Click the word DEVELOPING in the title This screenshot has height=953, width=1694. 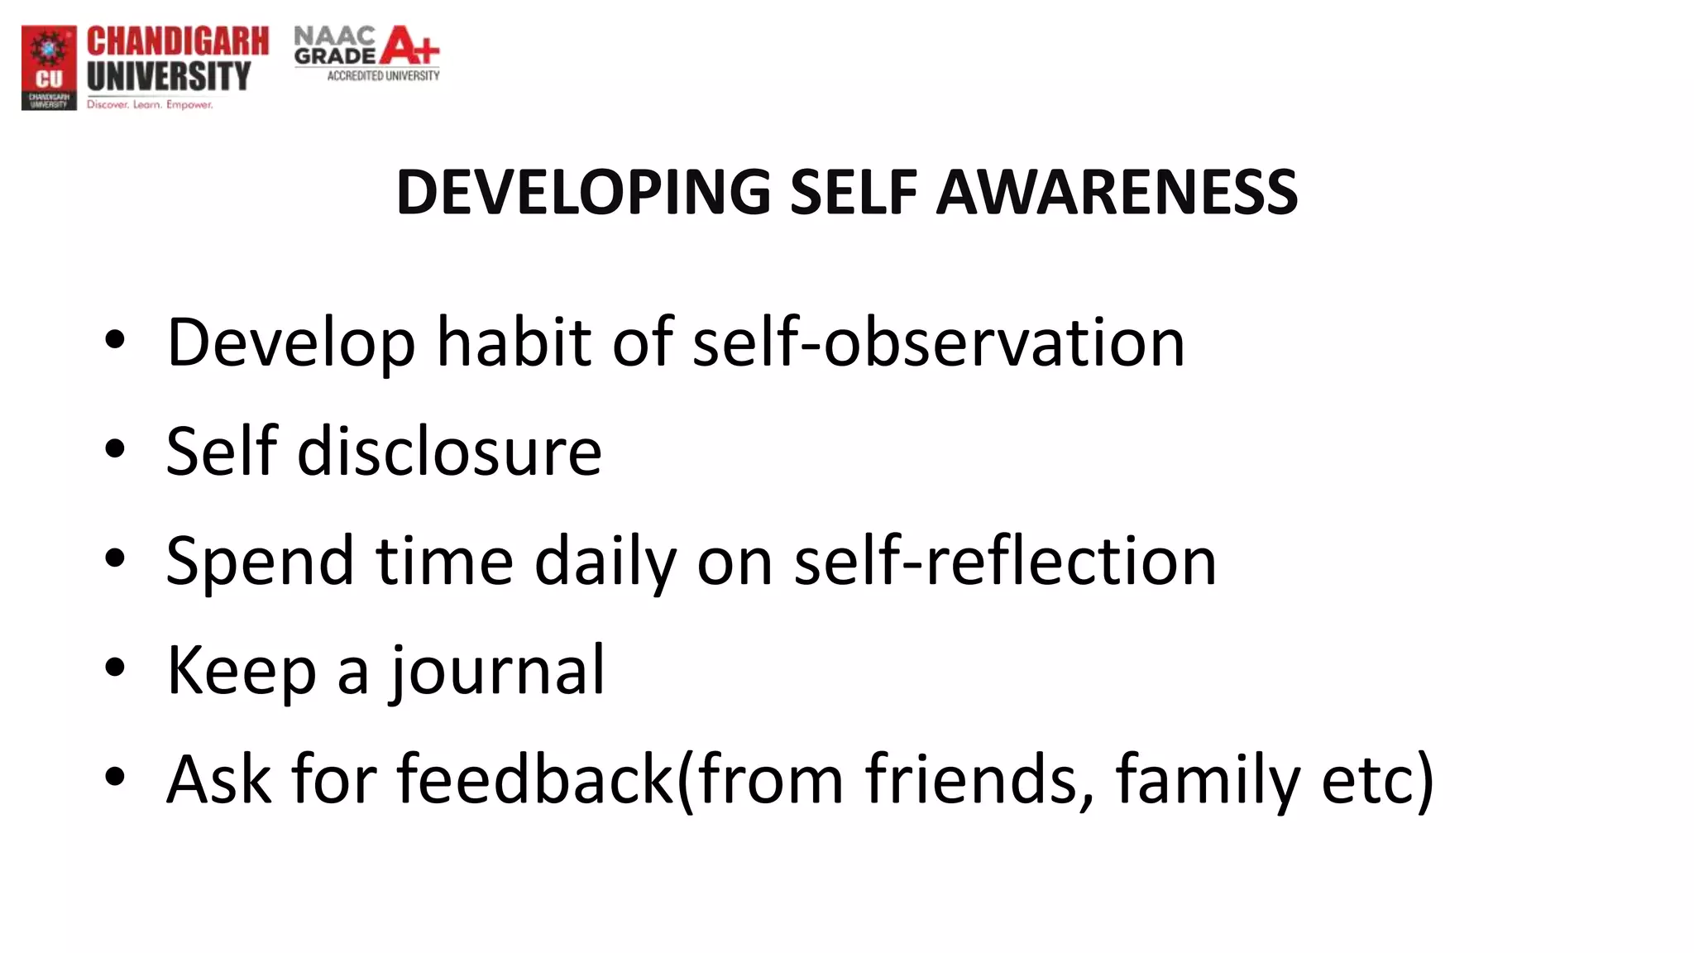(583, 192)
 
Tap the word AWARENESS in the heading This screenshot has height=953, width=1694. (1117, 192)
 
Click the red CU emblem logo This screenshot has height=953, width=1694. (49, 66)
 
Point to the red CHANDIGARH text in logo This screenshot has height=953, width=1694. (178, 41)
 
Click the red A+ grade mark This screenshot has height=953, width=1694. (409, 45)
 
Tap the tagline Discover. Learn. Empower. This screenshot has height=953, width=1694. (150, 105)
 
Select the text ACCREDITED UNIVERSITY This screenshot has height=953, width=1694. (383, 76)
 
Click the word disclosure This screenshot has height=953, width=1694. (449, 452)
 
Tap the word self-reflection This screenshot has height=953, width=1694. (1004, 561)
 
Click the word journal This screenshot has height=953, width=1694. (498, 670)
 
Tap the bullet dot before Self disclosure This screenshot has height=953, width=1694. (115, 449)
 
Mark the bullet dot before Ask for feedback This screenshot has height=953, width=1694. (115, 777)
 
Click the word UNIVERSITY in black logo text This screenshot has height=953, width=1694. (168, 76)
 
